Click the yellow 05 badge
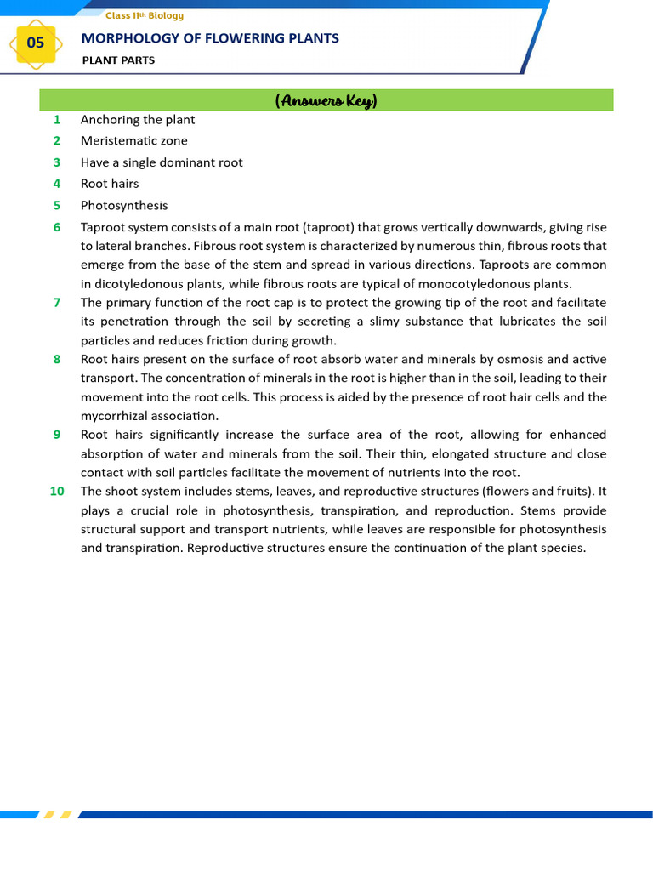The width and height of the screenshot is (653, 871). click(35, 43)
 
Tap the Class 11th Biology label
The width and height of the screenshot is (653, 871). click(144, 15)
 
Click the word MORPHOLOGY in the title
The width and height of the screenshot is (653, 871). click(122, 38)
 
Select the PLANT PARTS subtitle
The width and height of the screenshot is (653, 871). click(118, 60)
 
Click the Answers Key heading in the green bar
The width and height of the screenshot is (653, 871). click(326, 101)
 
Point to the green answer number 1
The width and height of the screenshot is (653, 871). click(57, 120)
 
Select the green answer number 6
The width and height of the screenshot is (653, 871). click(57, 227)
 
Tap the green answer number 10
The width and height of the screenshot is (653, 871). click(57, 491)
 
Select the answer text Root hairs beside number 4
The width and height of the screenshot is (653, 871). click(110, 184)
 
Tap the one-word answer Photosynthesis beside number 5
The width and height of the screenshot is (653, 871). click(124, 206)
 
